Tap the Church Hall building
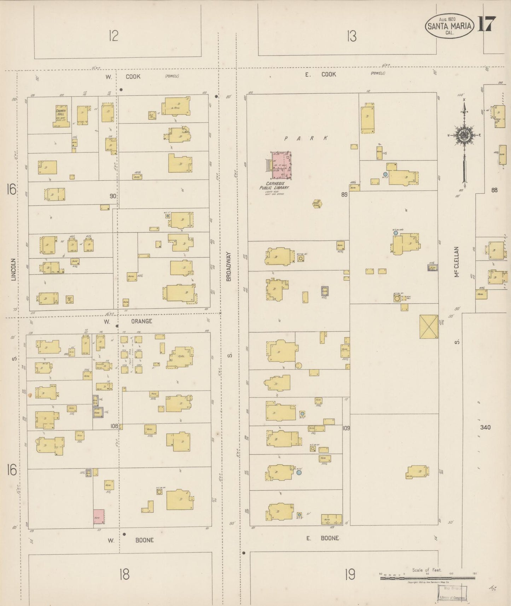pyautogui.click(x=61, y=115)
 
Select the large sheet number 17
pyautogui.click(x=487, y=24)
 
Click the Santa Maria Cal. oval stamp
pyautogui.click(x=449, y=26)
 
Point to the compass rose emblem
pyautogui.click(x=463, y=135)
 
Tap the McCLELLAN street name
pyautogui.click(x=457, y=262)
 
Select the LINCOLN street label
pyautogui.click(x=14, y=269)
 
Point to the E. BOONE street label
pyautogui.click(x=322, y=538)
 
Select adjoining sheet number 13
pyautogui.click(x=351, y=36)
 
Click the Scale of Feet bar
pyautogui.click(x=427, y=578)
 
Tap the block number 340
pyautogui.click(x=485, y=427)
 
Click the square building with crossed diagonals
pyautogui.click(x=429, y=327)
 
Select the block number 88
pyautogui.click(x=494, y=190)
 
